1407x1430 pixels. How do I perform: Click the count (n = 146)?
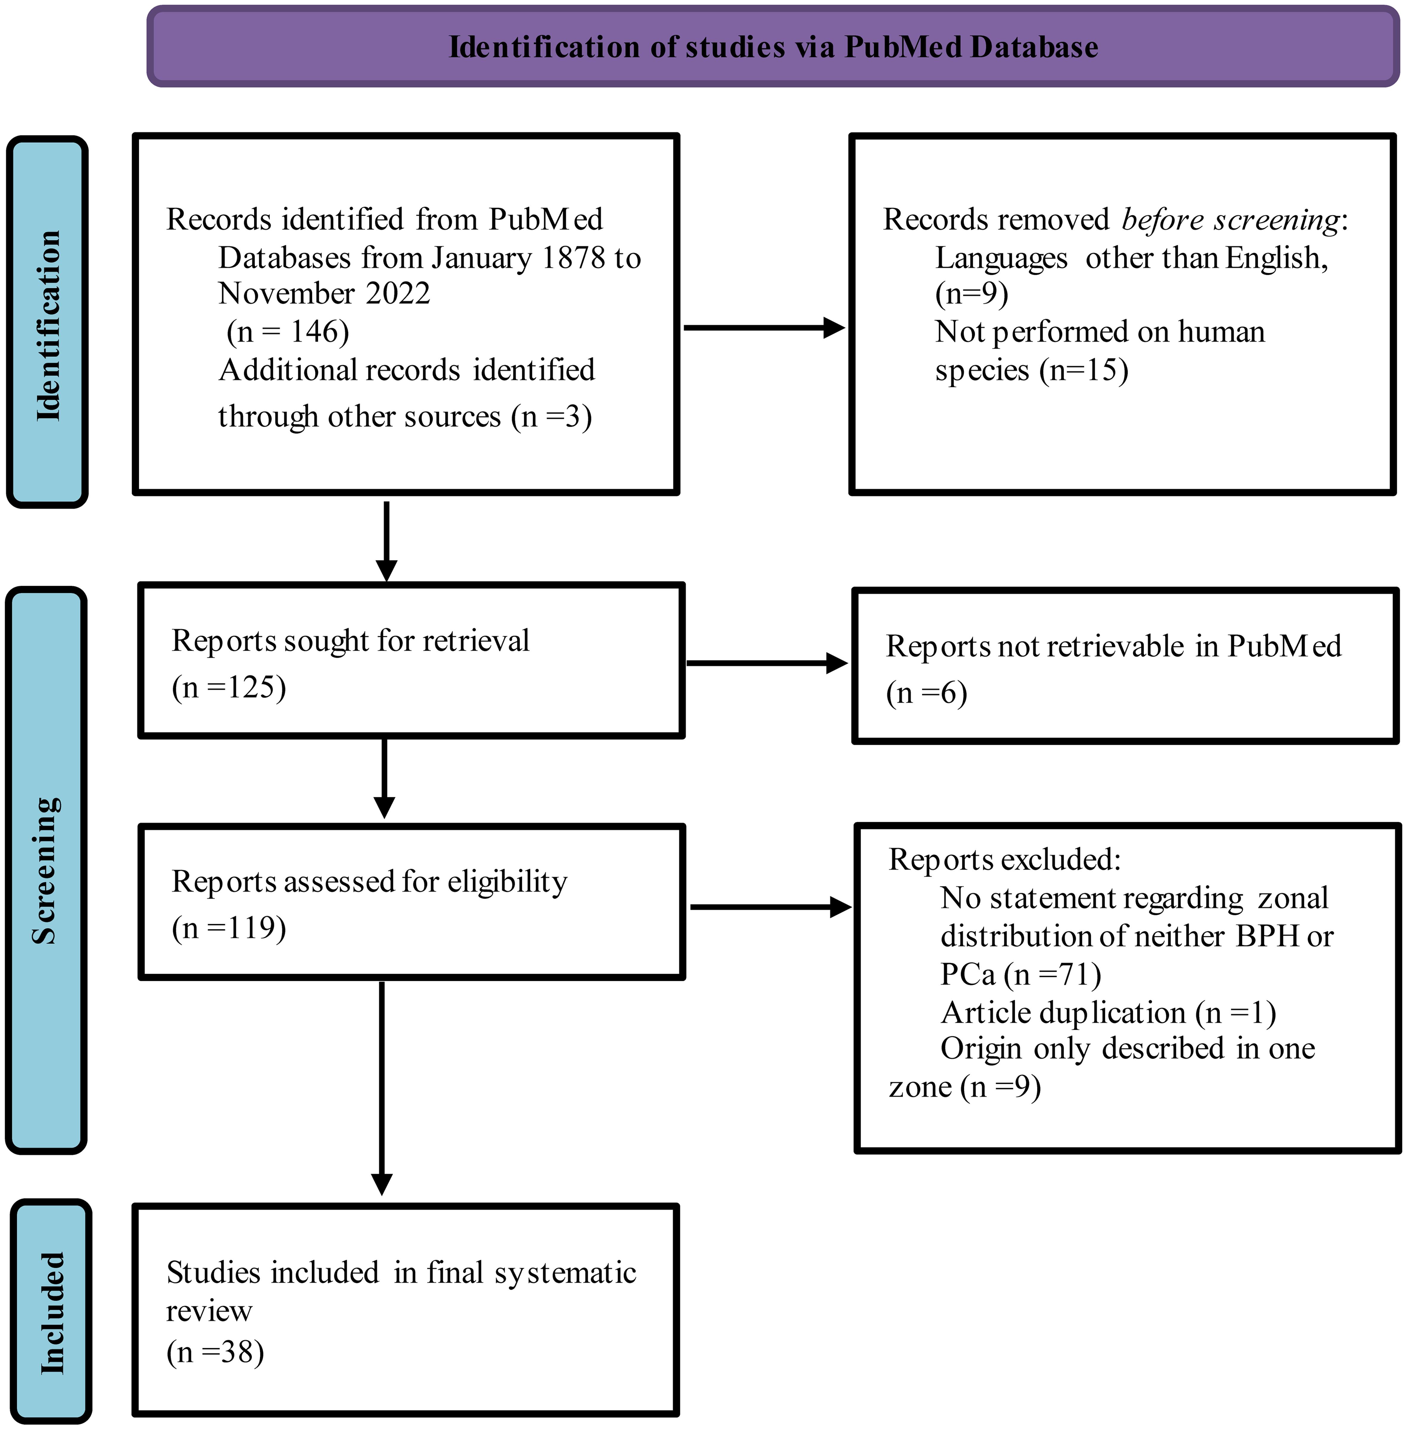[287, 332]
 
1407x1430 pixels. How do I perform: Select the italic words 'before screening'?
[1230, 219]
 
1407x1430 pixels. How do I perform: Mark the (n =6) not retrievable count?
[927, 693]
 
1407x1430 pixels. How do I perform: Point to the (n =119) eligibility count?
[229, 928]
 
